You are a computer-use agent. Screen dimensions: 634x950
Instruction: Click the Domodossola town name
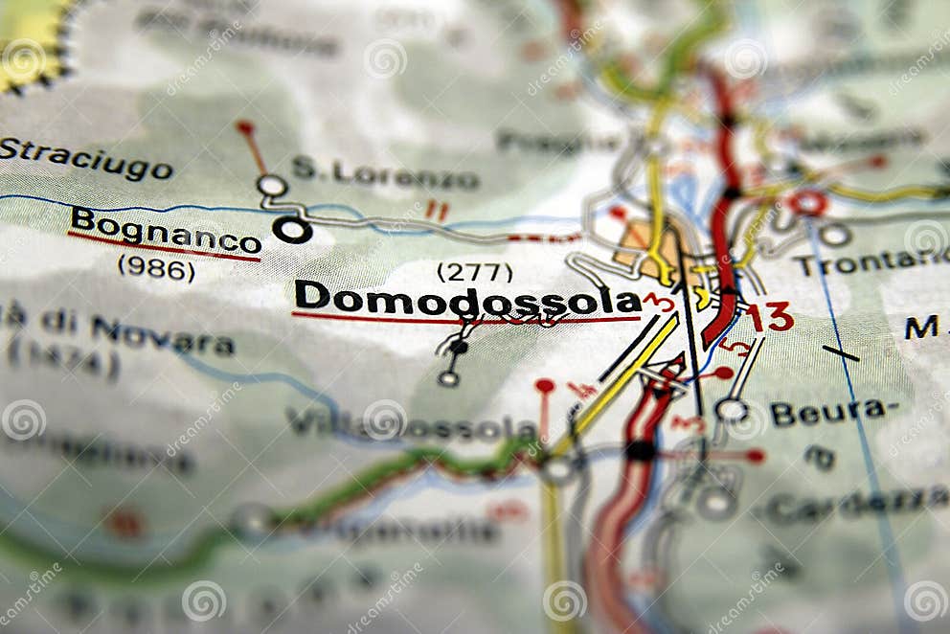(466, 298)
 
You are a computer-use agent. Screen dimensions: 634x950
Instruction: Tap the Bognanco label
(165, 231)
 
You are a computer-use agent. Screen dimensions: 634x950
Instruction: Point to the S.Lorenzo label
(385, 174)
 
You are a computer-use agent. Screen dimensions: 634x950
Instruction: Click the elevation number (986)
(156, 268)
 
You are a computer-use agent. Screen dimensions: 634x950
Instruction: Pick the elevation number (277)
(474, 272)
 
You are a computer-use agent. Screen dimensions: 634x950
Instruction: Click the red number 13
(770, 316)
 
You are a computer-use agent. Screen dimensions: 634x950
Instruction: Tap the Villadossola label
(412, 424)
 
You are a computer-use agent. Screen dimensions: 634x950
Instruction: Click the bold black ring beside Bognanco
(291, 230)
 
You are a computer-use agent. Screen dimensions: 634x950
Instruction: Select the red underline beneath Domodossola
(466, 320)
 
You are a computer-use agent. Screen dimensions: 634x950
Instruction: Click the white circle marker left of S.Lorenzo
(272, 185)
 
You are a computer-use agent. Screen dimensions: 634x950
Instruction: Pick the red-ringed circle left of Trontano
(807, 203)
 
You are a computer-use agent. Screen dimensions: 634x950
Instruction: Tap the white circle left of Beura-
(732, 410)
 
